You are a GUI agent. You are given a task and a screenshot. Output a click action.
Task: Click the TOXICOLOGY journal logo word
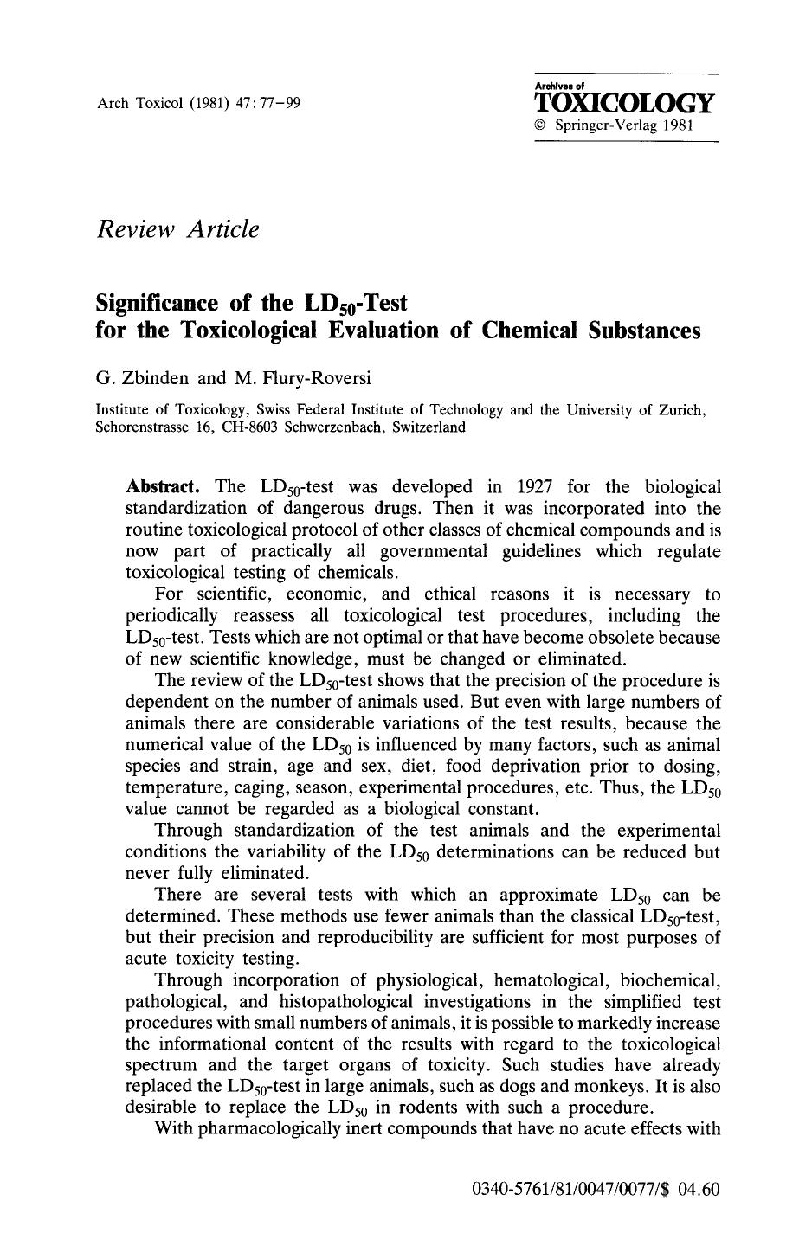(625, 103)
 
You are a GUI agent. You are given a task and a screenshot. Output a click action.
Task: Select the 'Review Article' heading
(177, 229)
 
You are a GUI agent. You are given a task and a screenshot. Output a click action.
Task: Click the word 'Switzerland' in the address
(429, 427)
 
